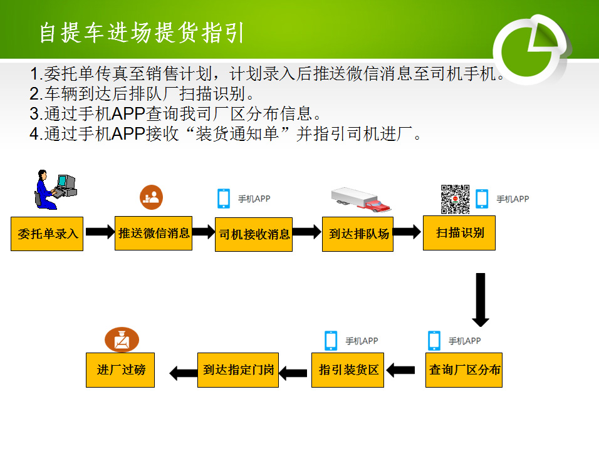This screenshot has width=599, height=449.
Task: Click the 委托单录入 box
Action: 47,234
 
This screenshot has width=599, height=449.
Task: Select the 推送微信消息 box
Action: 154,233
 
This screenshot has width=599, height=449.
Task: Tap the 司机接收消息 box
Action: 254,234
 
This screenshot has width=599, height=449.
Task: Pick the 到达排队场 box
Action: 358,234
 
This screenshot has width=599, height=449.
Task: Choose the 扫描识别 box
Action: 459,233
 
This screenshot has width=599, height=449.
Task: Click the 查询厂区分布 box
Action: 464,369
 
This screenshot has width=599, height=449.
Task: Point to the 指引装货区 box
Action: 348,369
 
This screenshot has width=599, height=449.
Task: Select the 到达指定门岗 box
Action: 238,369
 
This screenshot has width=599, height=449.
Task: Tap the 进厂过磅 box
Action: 120,369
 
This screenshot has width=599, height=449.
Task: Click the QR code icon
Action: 455,199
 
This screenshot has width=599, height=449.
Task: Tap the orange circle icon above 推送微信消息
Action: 151,197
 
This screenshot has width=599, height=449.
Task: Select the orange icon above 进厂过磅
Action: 121,339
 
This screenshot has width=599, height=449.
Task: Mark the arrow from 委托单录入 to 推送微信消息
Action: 99,232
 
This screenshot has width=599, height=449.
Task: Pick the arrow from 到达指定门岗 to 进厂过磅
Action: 183,373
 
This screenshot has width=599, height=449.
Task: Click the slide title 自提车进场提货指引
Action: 142,33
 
